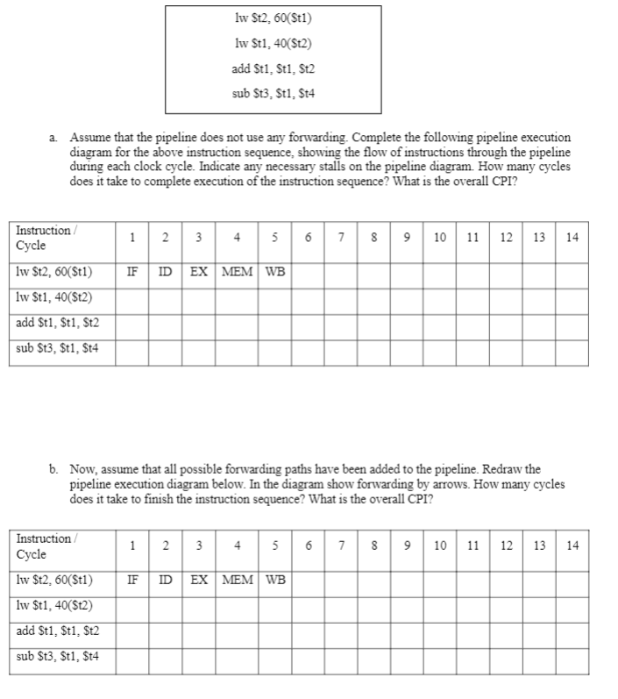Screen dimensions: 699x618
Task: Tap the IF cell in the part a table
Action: tap(131, 271)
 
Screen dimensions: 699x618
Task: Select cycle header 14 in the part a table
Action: tap(572, 237)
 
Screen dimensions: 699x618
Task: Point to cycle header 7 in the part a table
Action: tap(340, 237)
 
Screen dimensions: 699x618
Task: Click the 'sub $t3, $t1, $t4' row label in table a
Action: tap(58, 348)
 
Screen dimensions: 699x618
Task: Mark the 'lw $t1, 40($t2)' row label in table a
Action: tap(54, 296)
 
